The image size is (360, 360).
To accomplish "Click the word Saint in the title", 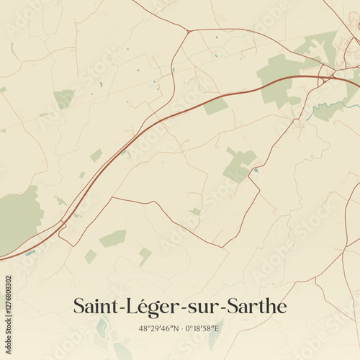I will (x=96, y=306).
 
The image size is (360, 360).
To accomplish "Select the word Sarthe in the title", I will (x=256, y=306).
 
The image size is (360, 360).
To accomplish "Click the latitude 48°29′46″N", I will (x=156, y=328).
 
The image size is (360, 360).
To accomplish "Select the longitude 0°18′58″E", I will (x=204, y=328).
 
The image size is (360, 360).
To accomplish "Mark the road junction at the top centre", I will (x=188, y=31).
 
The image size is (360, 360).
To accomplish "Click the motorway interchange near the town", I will (x=327, y=74).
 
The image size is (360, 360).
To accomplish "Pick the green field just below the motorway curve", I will (x=215, y=107).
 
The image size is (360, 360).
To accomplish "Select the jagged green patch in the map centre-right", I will (x=238, y=166).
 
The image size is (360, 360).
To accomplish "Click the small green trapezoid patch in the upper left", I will (x=64, y=98).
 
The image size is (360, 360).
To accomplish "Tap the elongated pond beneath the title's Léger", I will (x=102, y=329).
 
